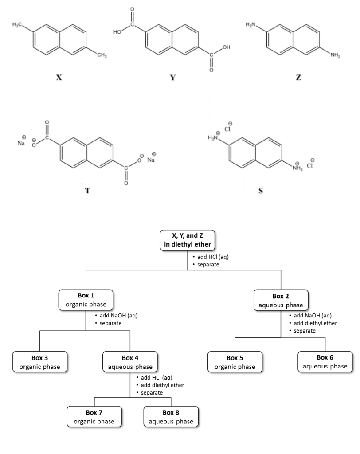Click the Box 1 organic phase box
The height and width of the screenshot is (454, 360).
[86, 300]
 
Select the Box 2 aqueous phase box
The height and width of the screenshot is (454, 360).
[281, 300]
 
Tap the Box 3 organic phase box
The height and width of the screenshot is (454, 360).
[40, 362]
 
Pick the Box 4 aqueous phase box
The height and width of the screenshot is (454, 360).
[130, 362]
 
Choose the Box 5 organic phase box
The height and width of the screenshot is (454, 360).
[235, 362]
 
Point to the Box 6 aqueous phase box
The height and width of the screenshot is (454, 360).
[325, 361]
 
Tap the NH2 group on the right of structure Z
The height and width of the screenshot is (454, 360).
[335, 55]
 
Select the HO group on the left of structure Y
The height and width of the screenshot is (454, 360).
[117, 32]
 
